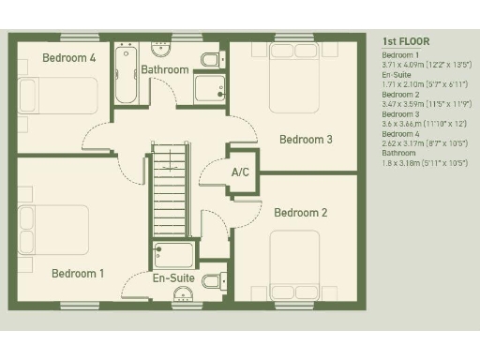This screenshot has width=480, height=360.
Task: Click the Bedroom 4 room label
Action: point(69,58)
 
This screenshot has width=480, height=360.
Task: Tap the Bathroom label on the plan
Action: point(165,69)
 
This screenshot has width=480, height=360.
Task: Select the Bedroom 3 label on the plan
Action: point(306,140)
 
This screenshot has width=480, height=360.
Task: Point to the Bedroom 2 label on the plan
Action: point(300,213)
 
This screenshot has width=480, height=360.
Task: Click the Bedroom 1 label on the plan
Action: point(78,274)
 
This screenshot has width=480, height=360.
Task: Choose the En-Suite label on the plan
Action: point(173,278)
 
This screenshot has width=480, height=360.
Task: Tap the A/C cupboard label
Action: point(241,172)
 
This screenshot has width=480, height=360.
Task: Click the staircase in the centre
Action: point(171,192)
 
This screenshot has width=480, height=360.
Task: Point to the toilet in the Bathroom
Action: point(211,61)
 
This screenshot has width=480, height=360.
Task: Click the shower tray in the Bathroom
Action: point(208,88)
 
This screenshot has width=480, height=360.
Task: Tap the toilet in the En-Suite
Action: point(212,280)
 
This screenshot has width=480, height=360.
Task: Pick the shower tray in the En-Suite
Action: point(174,254)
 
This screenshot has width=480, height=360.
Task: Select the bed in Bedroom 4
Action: point(56,95)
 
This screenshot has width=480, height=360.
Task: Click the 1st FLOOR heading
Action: point(405,41)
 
